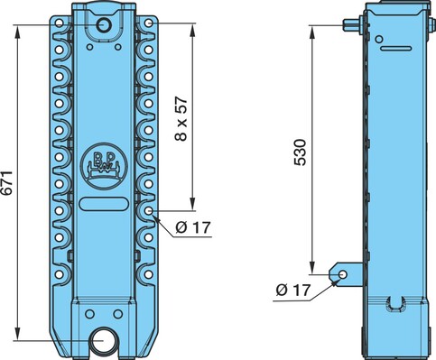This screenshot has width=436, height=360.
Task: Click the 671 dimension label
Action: pos(6,183)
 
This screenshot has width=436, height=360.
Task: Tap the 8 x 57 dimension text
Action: pos(181,119)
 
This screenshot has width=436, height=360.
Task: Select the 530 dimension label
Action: pos(300,152)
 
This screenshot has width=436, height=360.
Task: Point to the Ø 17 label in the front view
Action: pos(193,227)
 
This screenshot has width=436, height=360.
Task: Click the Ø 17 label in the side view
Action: pos(292,291)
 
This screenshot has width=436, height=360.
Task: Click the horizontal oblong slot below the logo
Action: pos(104,204)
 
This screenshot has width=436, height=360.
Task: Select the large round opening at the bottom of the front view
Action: pos(104,341)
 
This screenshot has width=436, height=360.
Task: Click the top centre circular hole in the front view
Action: pos(104,24)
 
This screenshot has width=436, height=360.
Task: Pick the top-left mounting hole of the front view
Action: pos(60,23)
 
